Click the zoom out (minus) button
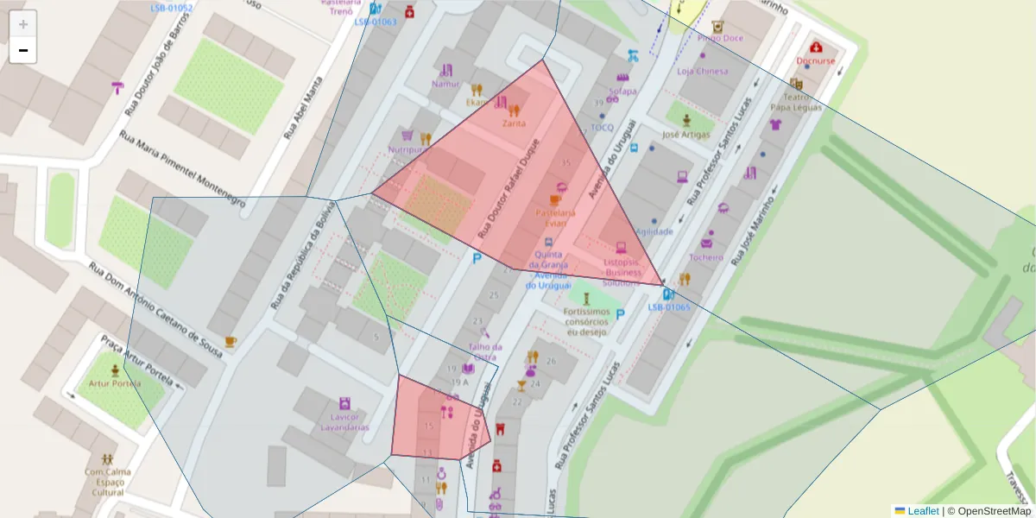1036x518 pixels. pyautogui.click(x=23, y=51)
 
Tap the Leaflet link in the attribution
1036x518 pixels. pyautogui.click(x=922, y=511)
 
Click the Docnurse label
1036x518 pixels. pyautogui.click(x=816, y=61)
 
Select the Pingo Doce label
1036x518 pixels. pyautogui.click(x=721, y=38)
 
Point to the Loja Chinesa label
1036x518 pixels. pyautogui.click(x=703, y=72)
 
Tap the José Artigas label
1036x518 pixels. pyautogui.click(x=686, y=135)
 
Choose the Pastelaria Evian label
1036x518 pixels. pyautogui.click(x=556, y=218)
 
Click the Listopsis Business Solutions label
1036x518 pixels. pyautogui.click(x=622, y=271)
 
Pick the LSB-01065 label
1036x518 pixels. pyautogui.click(x=668, y=306)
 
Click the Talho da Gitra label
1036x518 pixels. pyautogui.click(x=484, y=351)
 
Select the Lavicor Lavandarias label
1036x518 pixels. pyautogui.click(x=344, y=422)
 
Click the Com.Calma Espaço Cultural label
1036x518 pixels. pyautogui.click(x=106, y=482)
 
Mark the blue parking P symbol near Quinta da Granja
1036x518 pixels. pyautogui.click(x=476, y=257)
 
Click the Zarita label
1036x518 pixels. pyautogui.click(x=514, y=123)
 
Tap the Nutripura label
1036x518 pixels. pyautogui.click(x=408, y=149)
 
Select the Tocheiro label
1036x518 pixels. pyautogui.click(x=706, y=257)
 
